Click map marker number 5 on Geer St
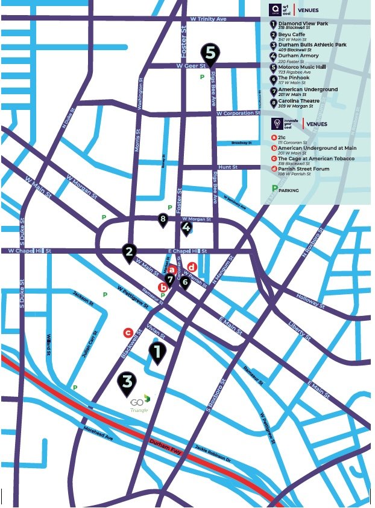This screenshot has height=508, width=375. [210, 53]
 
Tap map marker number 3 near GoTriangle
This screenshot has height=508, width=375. [127, 381]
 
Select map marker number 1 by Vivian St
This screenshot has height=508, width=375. [157, 352]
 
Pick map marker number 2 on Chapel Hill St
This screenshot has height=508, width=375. [128, 251]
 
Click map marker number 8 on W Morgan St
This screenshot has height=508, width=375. [162, 219]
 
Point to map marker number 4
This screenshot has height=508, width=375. [186, 228]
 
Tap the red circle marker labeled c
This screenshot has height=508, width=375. [128, 332]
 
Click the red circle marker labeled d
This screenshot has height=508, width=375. [192, 267]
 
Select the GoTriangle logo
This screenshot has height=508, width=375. [139, 403]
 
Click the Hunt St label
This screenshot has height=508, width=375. [228, 167]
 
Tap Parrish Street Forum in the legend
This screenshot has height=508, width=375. [304, 169]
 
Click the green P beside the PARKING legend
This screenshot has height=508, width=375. [275, 189]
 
